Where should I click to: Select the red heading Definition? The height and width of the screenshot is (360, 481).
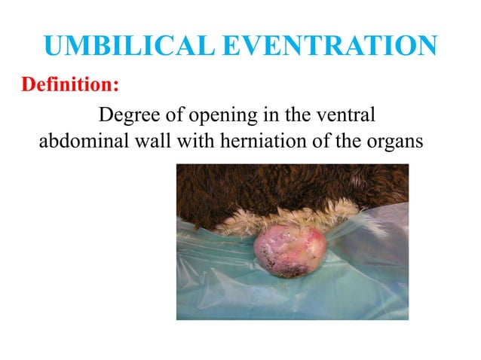[70, 84]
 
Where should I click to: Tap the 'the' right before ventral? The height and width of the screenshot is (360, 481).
[295, 117]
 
